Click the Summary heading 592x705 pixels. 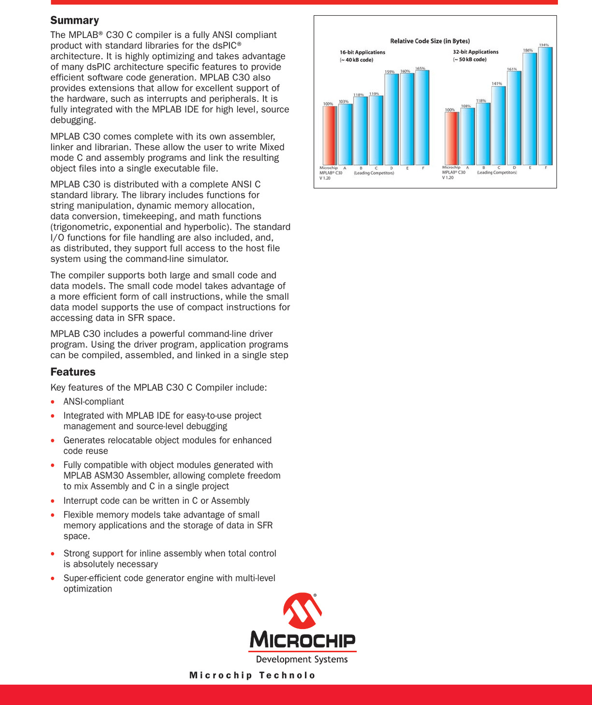(74, 20)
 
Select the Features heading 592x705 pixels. (73, 372)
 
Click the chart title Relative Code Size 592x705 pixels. (430, 41)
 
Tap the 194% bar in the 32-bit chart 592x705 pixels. (545, 106)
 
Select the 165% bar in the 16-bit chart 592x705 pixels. (422, 117)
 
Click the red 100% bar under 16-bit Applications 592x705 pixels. (330, 136)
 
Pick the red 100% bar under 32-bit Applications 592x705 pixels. (451, 139)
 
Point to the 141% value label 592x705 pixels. (497, 83)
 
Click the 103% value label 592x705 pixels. (343, 102)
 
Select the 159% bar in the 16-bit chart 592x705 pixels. (391, 119)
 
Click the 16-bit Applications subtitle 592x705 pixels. (362, 52)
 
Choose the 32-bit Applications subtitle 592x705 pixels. (476, 52)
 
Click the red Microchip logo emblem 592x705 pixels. (302, 611)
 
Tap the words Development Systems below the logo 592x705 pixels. (302, 660)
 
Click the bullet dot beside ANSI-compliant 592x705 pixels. (53, 402)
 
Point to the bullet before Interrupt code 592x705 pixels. (53, 501)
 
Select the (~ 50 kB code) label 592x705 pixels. (470, 60)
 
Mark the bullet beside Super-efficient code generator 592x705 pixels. (53, 579)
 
